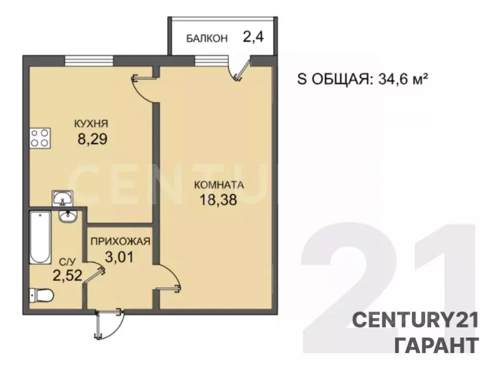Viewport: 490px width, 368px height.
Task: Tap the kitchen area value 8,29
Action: click(91, 139)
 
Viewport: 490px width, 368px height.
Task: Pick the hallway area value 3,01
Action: click(119, 257)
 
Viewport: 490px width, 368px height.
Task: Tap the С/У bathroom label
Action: click(67, 262)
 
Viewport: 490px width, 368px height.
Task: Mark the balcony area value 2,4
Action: click(254, 37)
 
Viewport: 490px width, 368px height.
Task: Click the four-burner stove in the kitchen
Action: click(40, 138)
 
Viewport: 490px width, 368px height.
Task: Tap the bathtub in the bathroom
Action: click(40, 237)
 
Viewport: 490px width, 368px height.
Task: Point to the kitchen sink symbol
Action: click(62, 197)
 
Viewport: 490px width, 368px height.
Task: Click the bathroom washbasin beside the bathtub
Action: click(68, 217)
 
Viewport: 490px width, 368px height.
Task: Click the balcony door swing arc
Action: click(239, 71)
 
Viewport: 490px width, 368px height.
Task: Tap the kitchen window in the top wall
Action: click(89, 60)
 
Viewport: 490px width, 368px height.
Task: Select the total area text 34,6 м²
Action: click(401, 79)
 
